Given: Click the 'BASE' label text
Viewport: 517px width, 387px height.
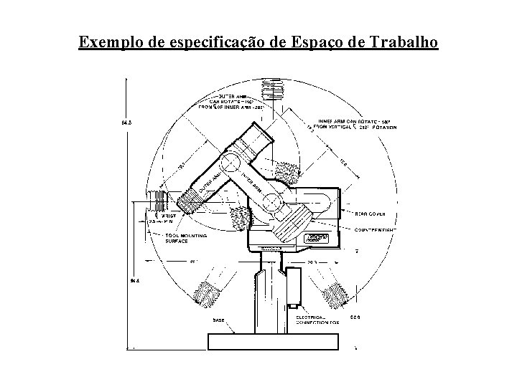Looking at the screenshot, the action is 218,320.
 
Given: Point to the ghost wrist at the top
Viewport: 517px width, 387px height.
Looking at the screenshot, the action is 272,90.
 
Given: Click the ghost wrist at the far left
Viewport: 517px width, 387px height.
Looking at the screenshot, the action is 156,199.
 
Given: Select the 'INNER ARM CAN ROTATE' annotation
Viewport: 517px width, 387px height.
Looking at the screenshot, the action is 352,124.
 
